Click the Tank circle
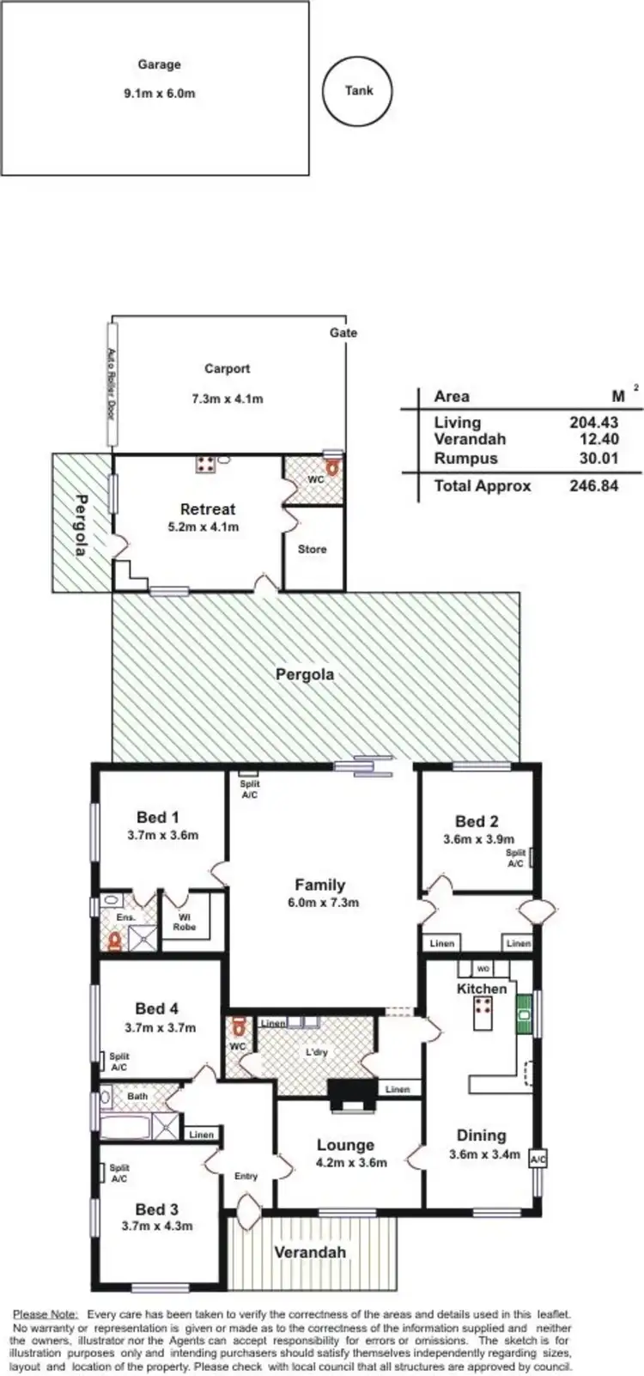[x=359, y=90]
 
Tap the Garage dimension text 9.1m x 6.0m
[x=159, y=93]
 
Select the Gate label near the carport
[x=343, y=332]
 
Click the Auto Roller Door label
[x=110, y=382]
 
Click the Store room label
[x=312, y=549]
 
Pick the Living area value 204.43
[x=593, y=422]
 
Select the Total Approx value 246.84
[x=593, y=485]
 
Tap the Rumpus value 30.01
[x=598, y=458]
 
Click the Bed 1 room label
[x=158, y=818]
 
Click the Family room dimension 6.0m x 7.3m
[x=320, y=903]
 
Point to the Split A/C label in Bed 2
[x=515, y=858]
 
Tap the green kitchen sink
[x=522, y=1016]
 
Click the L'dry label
[x=316, y=1052]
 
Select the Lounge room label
[x=345, y=1145]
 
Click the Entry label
[x=246, y=1176]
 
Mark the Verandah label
[x=310, y=1252]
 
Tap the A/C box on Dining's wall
[x=538, y=1160]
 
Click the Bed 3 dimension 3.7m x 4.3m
[x=157, y=1227]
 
